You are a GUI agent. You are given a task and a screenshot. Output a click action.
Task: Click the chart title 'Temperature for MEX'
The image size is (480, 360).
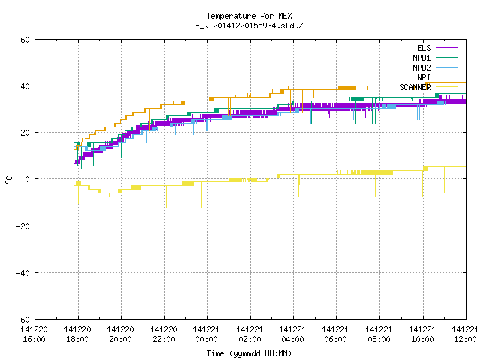pyautogui.click(x=249, y=16)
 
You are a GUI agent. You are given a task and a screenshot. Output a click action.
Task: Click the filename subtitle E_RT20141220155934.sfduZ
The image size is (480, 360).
pyautogui.click(x=249, y=25)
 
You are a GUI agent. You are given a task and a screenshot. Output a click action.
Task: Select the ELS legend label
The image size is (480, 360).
pyautogui.click(x=424, y=48)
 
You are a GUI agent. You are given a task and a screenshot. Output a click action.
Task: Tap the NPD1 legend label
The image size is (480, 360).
pyautogui.click(x=421, y=58)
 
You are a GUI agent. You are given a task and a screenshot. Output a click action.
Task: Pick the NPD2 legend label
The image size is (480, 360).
pyautogui.click(x=421, y=67)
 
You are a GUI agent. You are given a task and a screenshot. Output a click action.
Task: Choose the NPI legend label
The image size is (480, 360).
pyautogui.click(x=424, y=77)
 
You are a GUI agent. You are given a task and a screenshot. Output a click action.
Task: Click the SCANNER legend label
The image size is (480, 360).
pyautogui.click(x=415, y=87)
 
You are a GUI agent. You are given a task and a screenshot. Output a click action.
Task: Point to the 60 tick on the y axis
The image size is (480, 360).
pyautogui.click(x=25, y=40)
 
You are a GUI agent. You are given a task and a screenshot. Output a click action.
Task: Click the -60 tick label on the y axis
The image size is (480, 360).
pyautogui.click(x=23, y=319)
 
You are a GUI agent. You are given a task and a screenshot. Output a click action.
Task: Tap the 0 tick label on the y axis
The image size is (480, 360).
pyautogui.click(x=28, y=179)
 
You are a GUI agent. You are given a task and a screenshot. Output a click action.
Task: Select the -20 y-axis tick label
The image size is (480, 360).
pyautogui.click(x=23, y=226)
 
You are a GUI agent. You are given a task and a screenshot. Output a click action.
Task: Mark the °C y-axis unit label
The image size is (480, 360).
pyautogui.click(x=8, y=180)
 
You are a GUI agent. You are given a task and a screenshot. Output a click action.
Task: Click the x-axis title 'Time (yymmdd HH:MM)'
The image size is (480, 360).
pyautogui.click(x=249, y=353)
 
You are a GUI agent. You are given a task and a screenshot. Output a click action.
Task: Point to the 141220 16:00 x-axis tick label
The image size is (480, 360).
pyautogui.click(x=34, y=334)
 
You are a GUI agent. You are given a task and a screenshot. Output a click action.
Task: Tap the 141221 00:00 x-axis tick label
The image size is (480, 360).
pyautogui.click(x=207, y=334)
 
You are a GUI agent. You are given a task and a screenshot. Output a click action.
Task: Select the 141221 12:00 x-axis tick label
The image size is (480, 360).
pyautogui.click(x=465, y=334)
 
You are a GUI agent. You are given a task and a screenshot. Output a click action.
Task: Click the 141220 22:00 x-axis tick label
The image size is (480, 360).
pyautogui.click(x=163, y=334)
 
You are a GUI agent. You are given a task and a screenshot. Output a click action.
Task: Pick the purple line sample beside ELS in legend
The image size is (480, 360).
pyautogui.click(x=447, y=48)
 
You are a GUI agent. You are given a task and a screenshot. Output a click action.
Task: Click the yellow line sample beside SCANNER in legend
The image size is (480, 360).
pyautogui.click(x=447, y=87)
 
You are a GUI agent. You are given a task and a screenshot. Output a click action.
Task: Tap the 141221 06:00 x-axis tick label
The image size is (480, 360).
pyautogui.click(x=336, y=334)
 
